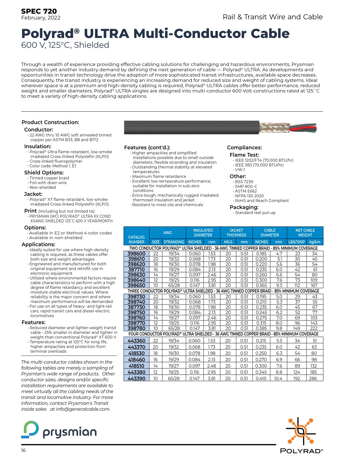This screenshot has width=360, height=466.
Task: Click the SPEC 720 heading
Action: click(39, 11)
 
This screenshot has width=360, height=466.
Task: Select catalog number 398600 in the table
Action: click(136, 254)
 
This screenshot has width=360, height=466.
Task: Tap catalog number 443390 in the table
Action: click(136, 379)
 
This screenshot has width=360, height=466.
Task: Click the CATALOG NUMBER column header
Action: click(136, 239)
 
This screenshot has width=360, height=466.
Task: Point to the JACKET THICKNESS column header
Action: click(236, 232)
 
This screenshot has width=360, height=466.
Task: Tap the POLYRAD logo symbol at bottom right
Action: click(301, 431)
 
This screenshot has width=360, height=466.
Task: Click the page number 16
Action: click(24, 450)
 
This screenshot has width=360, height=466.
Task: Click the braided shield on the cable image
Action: click(274, 127)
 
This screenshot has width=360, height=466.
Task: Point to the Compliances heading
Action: click(244, 148)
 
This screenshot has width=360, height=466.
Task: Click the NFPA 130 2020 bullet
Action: click(249, 196)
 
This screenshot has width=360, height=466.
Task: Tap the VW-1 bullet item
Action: click(240, 170)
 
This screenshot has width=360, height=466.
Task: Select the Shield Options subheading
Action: click(44, 173)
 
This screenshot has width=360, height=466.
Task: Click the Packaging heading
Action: click(244, 207)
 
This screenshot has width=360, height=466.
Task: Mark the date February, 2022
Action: click(41, 18)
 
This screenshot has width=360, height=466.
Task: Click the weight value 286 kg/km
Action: click(313, 379)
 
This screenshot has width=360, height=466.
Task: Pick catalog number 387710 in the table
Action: click(136, 269)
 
